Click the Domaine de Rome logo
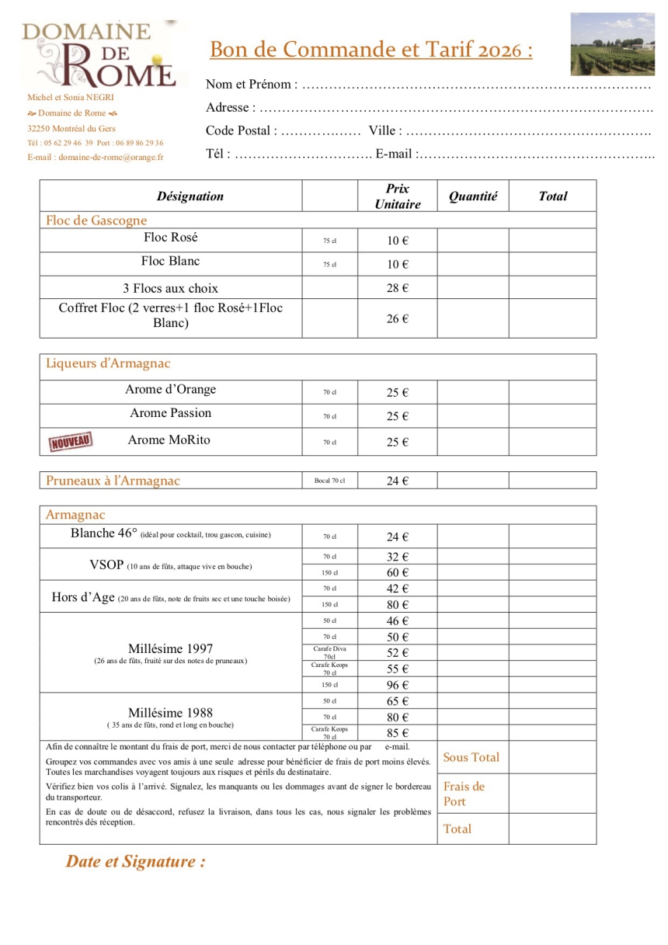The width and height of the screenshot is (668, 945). click(x=99, y=54)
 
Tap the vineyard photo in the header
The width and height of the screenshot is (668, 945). click(x=612, y=44)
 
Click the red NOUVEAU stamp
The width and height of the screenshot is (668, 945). click(x=71, y=441)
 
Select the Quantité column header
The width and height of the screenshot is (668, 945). click(x=473, y=196)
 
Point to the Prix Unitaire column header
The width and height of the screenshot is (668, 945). click(x=397, y=196)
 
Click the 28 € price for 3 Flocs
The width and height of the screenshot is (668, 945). click(x=398, y=288)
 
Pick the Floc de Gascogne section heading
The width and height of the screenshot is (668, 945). click(x=96, y=221)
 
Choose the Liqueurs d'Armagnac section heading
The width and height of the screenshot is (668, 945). click(x=108, y=363)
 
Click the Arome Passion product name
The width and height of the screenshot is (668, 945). click(x=170, y=413)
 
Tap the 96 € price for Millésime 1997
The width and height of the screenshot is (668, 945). click(x=398, y=685)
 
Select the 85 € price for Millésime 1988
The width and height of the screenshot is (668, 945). click(x=398, y=733)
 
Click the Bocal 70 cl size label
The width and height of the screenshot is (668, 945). click(x=329, y=481)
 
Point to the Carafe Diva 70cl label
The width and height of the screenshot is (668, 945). click(x=329, y=652)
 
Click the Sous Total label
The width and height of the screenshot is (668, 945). click(x=471, y=757)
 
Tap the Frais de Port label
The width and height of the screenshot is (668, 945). click(x=464, y=794)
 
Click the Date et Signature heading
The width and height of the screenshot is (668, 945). click(x=135, y=861)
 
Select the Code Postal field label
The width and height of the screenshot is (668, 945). click(x=240, y=130)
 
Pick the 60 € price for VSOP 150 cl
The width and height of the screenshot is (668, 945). click(x=398, y=573)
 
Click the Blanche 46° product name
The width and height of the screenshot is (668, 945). click(x=103, y=533)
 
